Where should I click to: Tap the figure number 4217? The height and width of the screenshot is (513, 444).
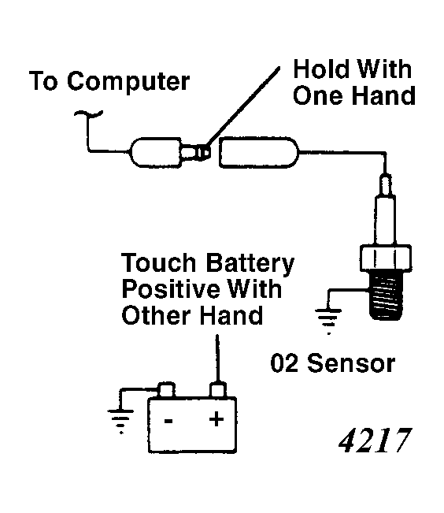374,441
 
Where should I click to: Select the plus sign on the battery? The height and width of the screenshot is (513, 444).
215,419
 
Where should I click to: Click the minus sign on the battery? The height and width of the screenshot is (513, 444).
168,419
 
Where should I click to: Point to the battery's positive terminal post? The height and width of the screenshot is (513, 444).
216,389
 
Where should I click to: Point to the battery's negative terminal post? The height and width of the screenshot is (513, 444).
166,389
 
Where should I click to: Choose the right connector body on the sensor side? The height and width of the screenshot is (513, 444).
260,151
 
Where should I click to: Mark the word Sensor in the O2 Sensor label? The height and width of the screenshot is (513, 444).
351,363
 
